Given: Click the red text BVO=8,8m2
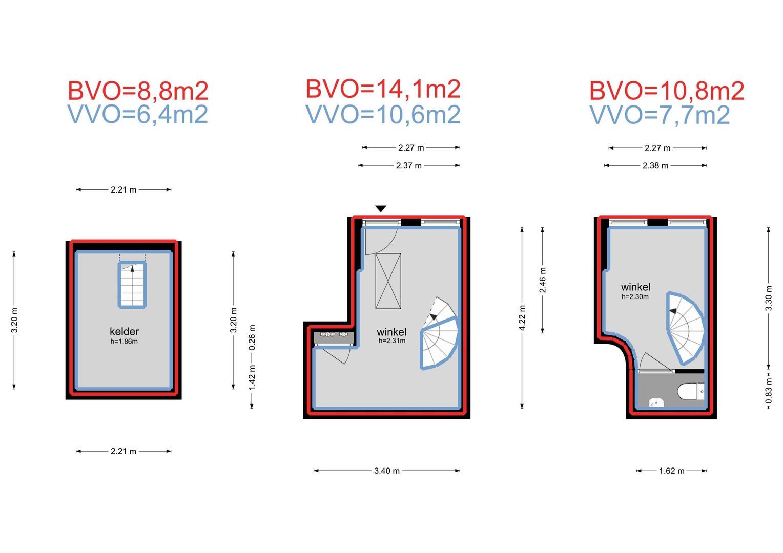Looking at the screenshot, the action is coord(138,91).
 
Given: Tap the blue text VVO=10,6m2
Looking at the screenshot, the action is coord(383,115).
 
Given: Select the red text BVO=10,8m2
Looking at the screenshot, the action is coord(667,91).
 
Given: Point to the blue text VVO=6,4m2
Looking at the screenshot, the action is coord(138,114).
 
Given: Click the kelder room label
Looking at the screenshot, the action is coord(124,331).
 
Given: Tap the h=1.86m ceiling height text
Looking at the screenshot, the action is coord(124,342).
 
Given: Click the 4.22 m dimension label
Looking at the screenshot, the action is coord(522,317).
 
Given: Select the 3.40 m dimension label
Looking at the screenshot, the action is coord(386,471).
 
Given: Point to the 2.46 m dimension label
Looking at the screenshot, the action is coord(542,280).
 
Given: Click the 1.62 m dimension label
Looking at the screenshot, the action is coord(671,471).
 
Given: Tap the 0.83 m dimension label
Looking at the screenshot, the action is coord(768,391).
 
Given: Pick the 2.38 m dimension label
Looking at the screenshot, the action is coord(655,165).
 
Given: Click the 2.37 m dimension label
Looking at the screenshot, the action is coord(408,165).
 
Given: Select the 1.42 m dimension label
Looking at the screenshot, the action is coord(252,377).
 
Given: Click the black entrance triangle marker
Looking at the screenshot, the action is coord(381,208).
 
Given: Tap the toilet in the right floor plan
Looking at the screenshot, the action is coord(691,391).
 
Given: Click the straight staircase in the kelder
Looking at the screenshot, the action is coord(132,285).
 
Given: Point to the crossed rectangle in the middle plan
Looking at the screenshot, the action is coord(388,281).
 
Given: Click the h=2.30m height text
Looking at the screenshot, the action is coord(635,297).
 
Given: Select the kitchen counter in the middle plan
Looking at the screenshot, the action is coord(334,338).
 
